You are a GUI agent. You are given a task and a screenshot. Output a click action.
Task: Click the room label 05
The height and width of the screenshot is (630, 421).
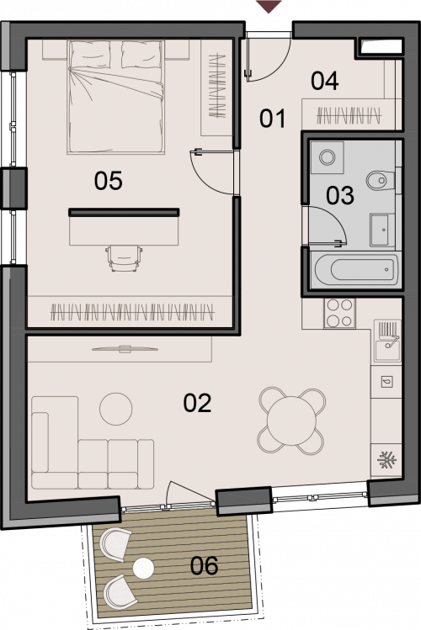108,180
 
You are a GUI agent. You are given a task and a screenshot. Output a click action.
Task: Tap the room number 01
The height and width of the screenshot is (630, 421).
272,119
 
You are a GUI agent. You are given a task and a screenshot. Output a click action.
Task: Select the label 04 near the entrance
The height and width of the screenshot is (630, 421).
324,81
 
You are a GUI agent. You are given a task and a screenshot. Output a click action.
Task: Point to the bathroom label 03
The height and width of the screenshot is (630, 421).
340,196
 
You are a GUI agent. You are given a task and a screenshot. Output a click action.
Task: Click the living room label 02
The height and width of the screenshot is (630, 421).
197,403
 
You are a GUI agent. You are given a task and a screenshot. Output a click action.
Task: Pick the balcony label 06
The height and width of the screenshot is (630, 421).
205,566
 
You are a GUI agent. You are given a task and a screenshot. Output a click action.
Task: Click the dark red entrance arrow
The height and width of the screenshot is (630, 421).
269,6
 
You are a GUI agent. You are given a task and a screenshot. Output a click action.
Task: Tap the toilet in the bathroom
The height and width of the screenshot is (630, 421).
381,180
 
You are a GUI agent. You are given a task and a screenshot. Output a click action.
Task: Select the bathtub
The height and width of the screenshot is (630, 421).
355,270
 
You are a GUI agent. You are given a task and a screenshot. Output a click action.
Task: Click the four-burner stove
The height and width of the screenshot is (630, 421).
340,313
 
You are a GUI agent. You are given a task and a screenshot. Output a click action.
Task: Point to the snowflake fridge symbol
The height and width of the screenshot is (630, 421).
387,459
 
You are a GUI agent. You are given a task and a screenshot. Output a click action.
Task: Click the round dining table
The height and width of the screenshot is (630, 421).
292,421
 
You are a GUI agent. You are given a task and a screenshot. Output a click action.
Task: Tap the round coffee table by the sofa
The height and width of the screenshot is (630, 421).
116,409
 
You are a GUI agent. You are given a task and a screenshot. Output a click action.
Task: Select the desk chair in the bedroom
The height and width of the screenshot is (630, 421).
124,258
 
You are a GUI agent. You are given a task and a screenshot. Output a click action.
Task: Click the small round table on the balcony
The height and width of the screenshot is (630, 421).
143,569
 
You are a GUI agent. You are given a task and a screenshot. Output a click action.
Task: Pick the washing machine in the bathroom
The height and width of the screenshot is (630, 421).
328,157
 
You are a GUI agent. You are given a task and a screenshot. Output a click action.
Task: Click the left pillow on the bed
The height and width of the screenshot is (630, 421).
89,56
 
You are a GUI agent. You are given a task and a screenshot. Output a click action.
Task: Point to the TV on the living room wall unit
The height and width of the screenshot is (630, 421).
125,349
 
